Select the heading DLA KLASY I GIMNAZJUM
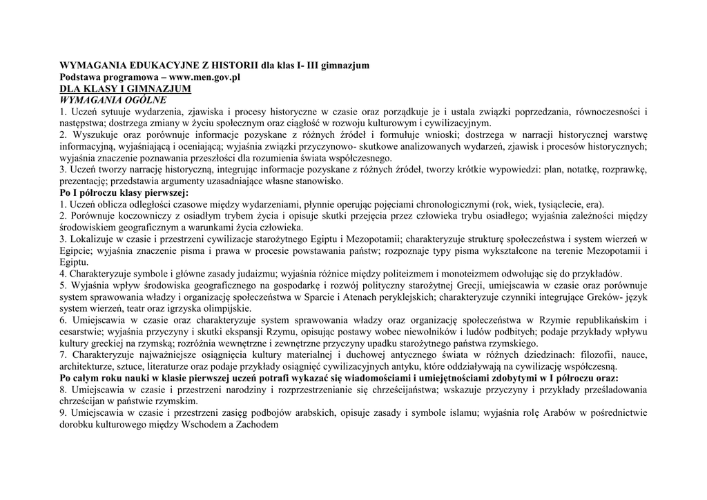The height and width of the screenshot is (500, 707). pyautogui.click(x=124, y=89)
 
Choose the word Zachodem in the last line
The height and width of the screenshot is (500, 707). pyautogui.click(x=255, y=425)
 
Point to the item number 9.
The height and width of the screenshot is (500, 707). pyautogui.click(x=62, y=413)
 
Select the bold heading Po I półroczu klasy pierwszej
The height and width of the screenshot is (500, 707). pyautogui.click(x=119, y=193)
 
